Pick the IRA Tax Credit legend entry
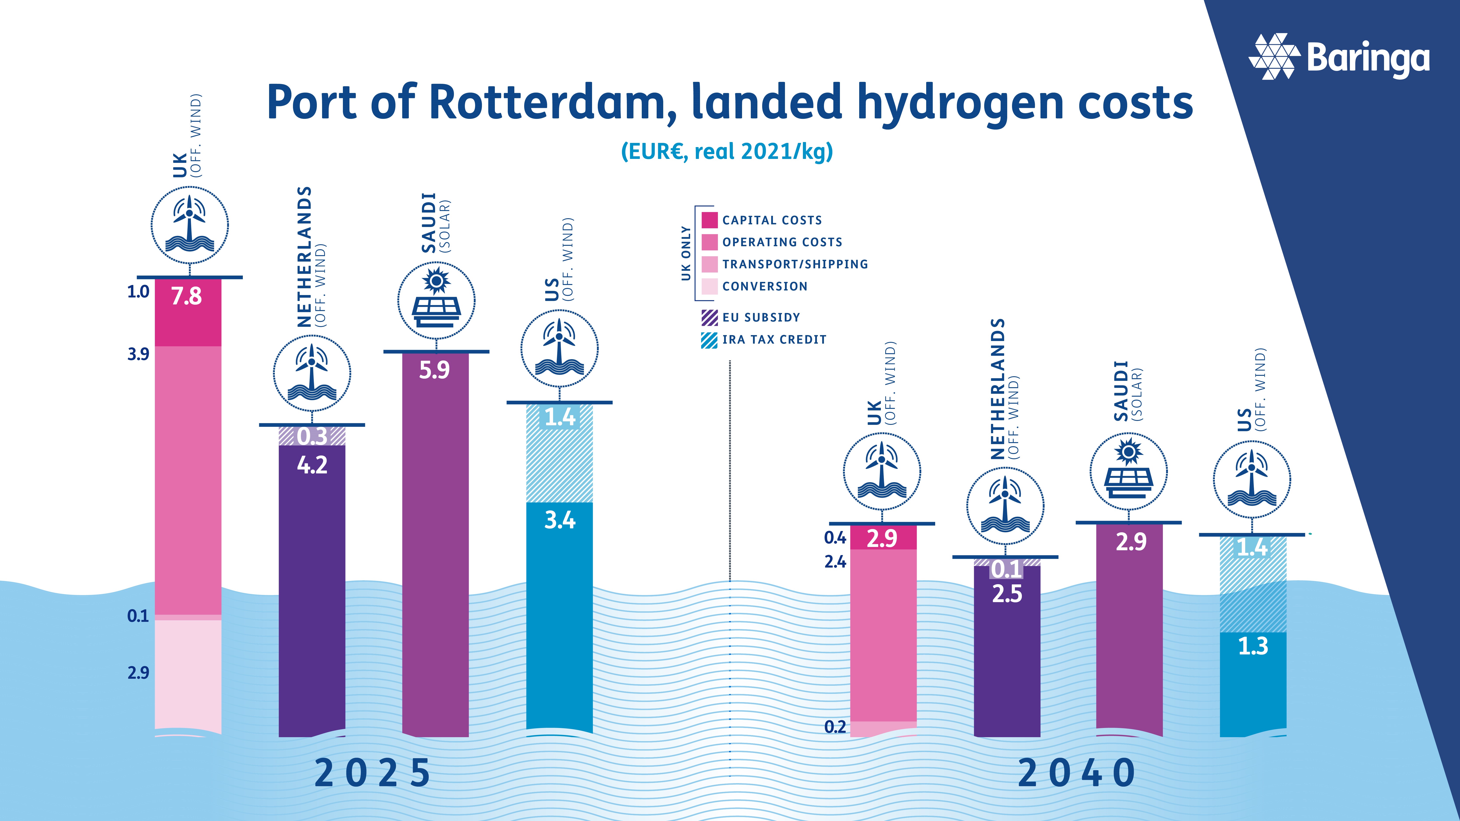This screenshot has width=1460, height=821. (x=774, y=339)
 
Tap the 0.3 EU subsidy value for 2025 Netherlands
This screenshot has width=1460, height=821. (x=312, y=436)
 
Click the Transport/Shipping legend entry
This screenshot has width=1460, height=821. (x=795, y=264)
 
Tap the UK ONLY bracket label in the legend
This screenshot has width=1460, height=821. (x=686, y=253)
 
